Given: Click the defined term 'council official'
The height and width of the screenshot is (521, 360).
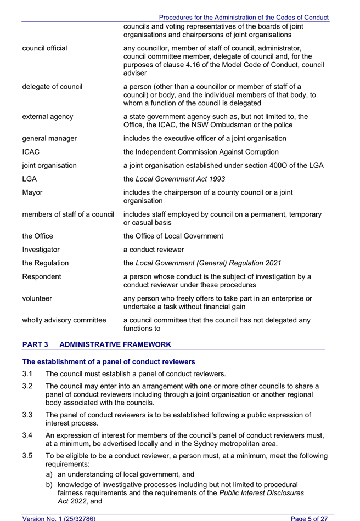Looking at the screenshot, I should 44,48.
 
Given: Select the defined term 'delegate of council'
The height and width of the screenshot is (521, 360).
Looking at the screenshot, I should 52,86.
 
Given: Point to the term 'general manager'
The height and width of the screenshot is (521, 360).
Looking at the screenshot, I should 49,138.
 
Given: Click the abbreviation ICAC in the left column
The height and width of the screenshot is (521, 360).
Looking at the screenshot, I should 31,152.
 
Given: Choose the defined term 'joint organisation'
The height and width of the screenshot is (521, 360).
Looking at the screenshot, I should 49,165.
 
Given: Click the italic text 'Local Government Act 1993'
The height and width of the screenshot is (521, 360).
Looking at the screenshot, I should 181,179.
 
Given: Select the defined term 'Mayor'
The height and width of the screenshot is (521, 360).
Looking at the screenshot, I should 32,192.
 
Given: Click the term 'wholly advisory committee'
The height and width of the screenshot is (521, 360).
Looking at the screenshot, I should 64,320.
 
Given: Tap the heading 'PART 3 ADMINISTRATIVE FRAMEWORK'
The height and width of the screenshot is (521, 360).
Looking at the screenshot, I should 97,344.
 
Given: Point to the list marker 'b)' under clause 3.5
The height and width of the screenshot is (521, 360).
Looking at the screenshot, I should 50,485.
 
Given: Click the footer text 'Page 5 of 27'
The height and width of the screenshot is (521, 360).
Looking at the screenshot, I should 309,518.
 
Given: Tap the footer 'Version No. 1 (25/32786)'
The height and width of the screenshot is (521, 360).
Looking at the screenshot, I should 59,518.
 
